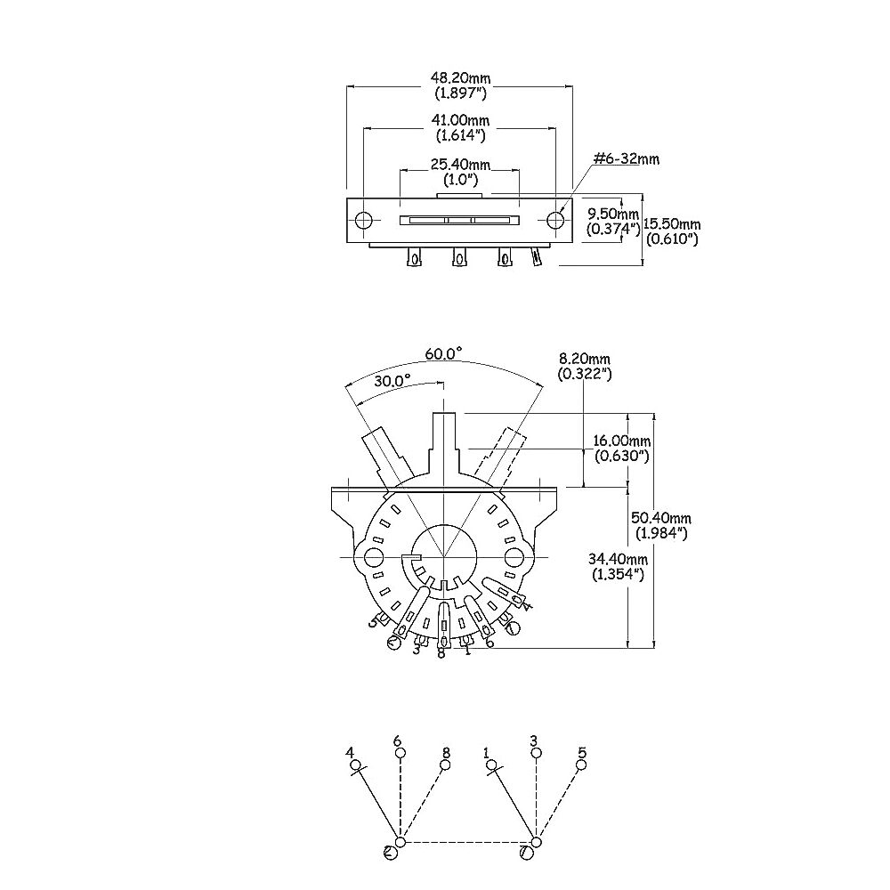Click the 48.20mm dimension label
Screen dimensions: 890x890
460,77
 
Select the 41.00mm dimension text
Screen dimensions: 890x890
460,120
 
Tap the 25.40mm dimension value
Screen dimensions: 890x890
460,165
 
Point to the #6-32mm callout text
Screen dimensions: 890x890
626,159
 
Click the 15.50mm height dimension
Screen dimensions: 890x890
672,225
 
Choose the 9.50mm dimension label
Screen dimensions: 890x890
613,214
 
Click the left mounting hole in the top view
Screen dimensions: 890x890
363,220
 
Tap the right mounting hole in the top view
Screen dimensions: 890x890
555,220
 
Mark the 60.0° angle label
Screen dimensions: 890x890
443,353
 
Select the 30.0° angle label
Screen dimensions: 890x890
392,381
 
